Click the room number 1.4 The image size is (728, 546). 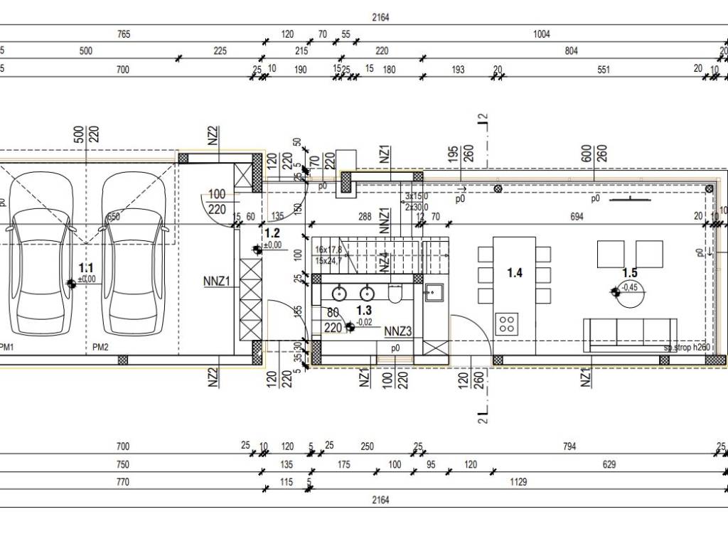coord(515,272)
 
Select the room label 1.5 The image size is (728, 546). coord(630,272)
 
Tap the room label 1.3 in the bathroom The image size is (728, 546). coord(364,311)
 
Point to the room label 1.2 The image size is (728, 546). coord(272,232)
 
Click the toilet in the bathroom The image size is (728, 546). coord(396,292)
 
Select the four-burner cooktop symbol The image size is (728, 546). coord(508,323)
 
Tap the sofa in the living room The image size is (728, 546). coord(629,334)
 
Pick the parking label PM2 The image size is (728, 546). coord(100,347)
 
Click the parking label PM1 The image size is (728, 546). coord(7,347)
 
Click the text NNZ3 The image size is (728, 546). coord(398,331)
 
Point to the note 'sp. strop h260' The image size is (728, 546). coord(687,348)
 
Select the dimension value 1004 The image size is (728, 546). coord(542,34)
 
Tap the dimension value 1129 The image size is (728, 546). coord(518,482)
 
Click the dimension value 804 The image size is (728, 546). coord(572,51)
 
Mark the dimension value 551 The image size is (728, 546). coord(604,70)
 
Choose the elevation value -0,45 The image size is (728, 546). coord(628,287)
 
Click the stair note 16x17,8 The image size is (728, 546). coord(329,250)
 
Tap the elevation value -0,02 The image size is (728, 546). coord(365,323)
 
